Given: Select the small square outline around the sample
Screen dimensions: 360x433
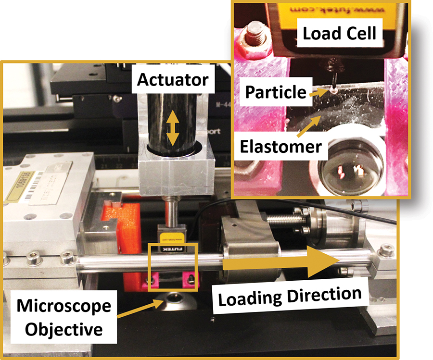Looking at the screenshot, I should [x=173, y=267].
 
